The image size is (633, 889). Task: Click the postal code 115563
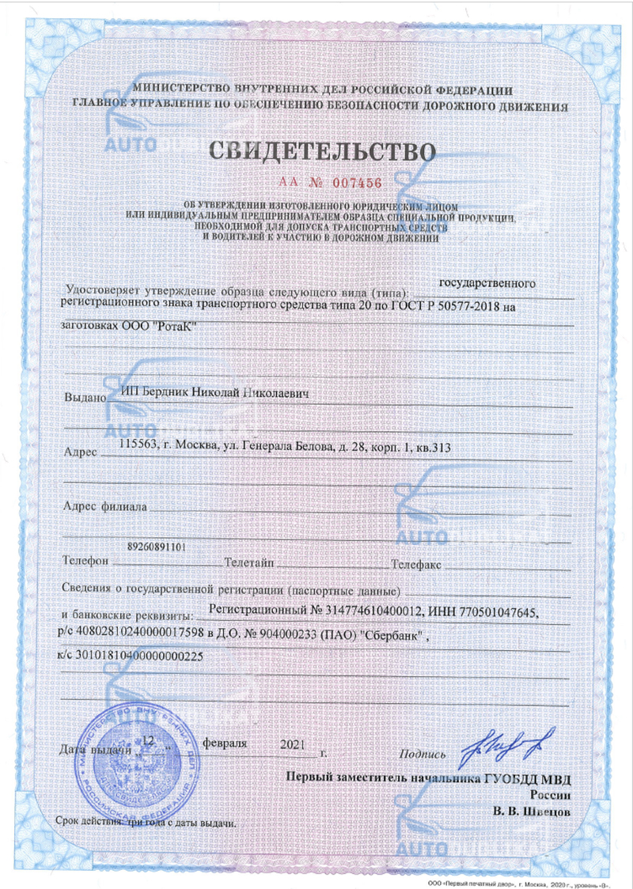(136, 446)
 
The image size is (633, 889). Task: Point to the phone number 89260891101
(157, 547)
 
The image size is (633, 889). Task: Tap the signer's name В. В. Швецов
(527, 811)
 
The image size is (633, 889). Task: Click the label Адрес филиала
(104, 507)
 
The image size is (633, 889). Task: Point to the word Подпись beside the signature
(424, 754)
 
